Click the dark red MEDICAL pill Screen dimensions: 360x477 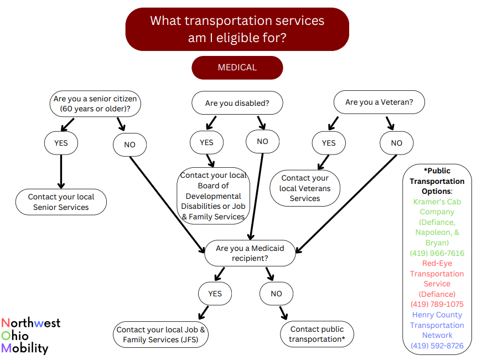(237, 68)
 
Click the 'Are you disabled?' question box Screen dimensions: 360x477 (237, 103)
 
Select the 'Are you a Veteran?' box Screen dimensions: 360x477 (379, 102)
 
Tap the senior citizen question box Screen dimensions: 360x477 (95, 104)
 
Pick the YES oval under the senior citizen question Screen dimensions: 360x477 (61, 143)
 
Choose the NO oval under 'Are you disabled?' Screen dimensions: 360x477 (262, 142)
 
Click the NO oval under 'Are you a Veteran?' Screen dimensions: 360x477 (396, 143)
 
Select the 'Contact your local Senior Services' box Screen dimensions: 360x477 (61, 202)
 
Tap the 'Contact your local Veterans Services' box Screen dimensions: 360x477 (305, 188)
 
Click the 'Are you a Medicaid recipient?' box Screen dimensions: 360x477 (250, 253)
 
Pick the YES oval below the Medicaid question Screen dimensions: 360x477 (215, 294)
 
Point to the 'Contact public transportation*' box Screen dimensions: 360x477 (317, 334)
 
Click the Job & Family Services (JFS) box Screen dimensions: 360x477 (161, 335)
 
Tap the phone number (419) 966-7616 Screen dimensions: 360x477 (437, 253)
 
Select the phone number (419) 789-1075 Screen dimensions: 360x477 (437, 304)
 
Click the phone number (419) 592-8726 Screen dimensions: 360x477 (437, 346)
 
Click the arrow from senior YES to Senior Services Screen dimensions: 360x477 (61, 172)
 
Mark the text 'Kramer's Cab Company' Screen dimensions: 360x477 (437, 207)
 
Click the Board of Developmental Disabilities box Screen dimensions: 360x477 (213, 196)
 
